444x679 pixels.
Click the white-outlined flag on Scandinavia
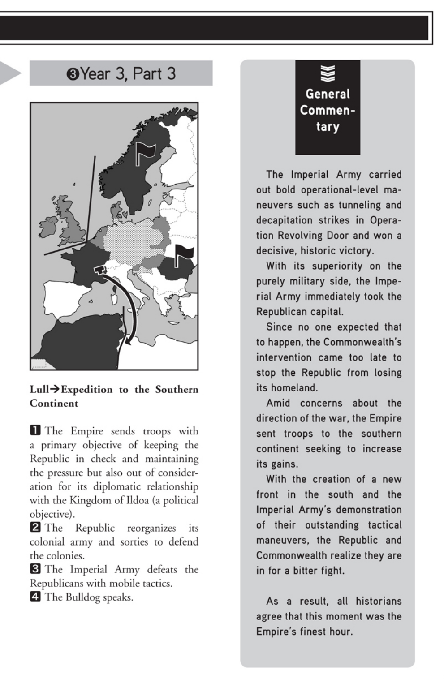click(x=145, y=154)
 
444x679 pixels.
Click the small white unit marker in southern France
click(x=100, y=270)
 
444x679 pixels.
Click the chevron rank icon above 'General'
click(x=328, y=74)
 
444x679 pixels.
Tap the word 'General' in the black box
click(x=328, y=94)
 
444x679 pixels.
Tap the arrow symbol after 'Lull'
click(x=55, y=390)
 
